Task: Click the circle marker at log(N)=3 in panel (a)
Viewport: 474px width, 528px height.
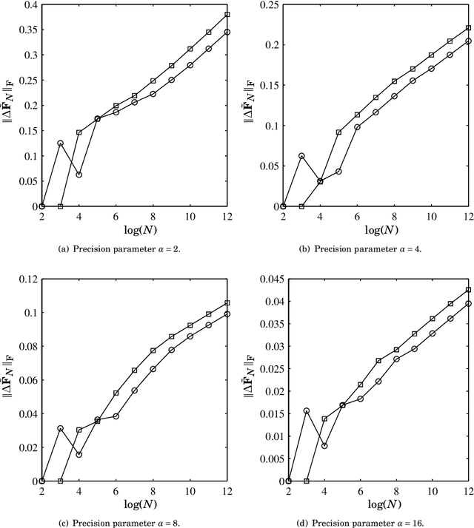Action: (61, 143)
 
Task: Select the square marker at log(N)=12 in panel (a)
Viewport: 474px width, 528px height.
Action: (227, 14)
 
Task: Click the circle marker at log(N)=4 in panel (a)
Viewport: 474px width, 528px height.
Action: (79, 175)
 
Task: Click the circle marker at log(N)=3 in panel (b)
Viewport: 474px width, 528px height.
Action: (302, 156)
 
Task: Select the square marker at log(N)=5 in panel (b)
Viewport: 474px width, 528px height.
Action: (339, 132)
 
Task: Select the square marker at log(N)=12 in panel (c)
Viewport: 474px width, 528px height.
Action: (227, 302)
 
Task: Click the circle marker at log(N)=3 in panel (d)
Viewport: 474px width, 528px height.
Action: (307, 410)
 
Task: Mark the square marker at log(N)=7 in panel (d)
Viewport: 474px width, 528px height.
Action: (379, 361)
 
